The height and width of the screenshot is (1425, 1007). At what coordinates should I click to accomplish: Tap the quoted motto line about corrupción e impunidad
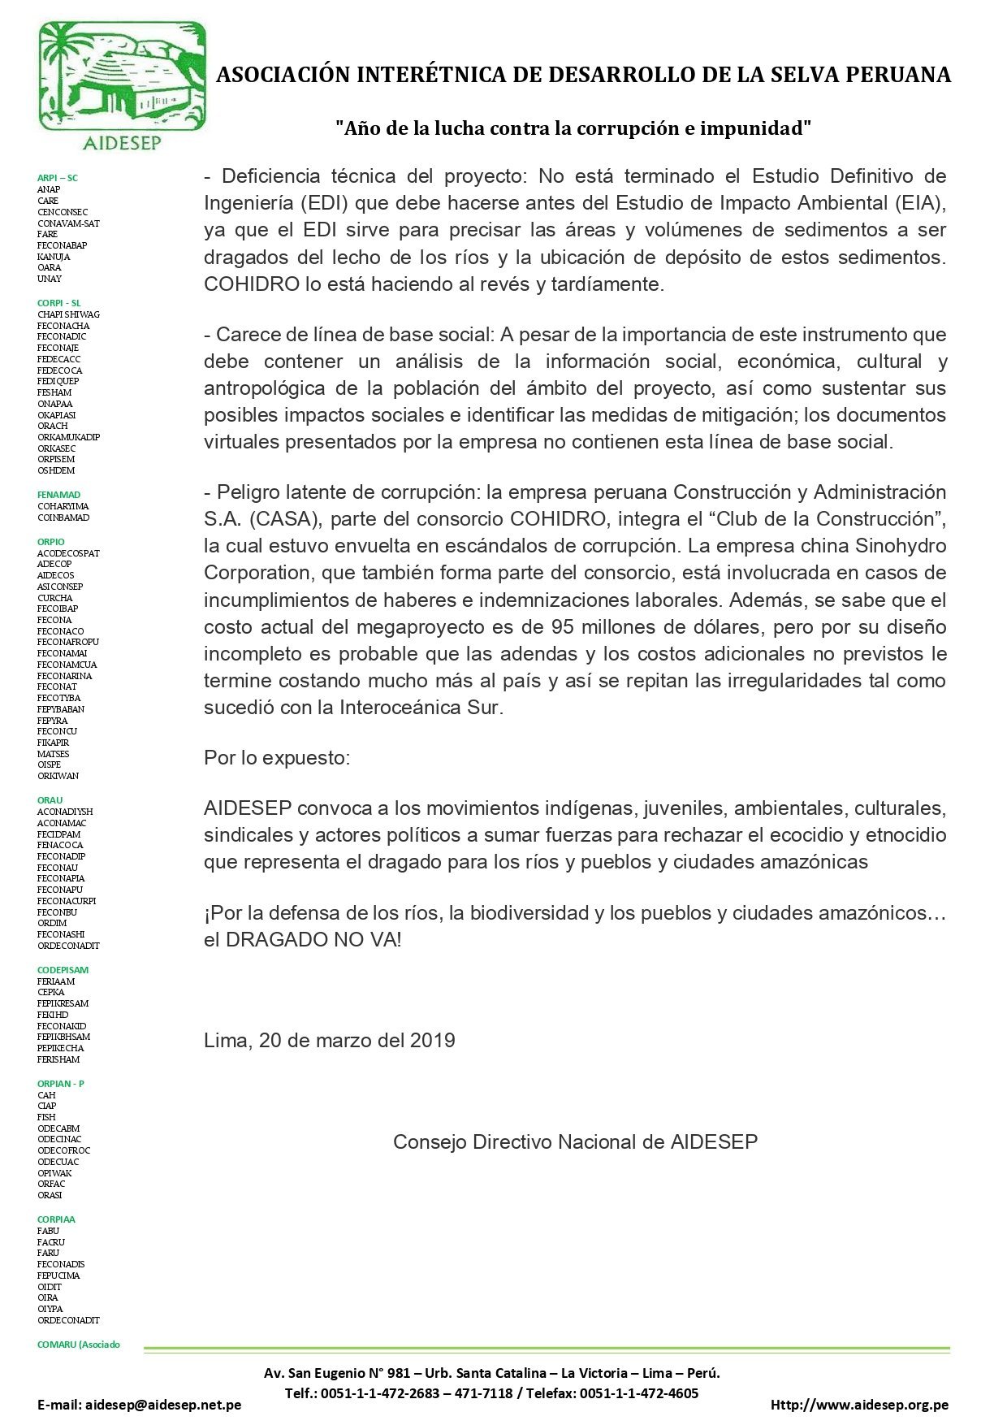point(574,128)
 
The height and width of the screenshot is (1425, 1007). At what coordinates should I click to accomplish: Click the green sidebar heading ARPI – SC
point(58,178)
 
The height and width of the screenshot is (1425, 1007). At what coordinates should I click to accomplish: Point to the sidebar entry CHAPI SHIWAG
point(68,314)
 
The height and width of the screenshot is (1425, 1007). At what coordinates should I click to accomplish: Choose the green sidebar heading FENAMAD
point(58,495)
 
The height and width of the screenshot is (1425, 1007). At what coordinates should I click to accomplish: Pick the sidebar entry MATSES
point(53,754)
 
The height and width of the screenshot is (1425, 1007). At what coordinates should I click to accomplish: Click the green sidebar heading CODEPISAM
point(63,970)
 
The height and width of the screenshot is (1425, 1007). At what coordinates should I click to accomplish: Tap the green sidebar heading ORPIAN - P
point(60,1084)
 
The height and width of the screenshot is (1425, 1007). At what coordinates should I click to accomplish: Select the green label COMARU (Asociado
point(78,1345)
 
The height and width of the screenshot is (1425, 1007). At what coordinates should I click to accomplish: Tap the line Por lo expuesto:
point(277,758)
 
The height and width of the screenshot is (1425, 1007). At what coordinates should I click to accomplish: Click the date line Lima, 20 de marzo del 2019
point(329,1041)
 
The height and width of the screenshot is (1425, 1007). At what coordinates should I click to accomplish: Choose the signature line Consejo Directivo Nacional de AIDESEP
point(575,1142)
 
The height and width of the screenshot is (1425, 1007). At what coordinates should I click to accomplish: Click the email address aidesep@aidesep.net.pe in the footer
point(163,1405)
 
